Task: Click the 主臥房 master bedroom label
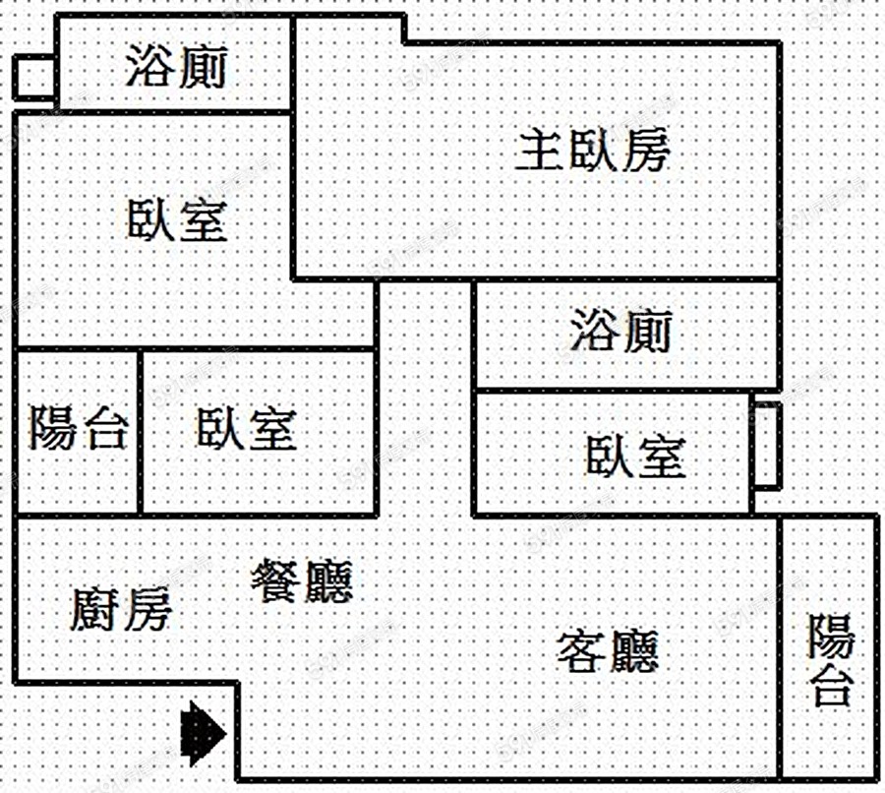593,152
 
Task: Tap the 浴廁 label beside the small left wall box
177,68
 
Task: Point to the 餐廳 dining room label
302,581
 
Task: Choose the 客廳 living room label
607,650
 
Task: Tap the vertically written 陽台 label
831,660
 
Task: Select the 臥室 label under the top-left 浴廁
178,220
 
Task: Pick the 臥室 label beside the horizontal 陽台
246,429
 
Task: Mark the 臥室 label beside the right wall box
635,457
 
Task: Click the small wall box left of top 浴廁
34,77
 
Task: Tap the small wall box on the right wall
767,444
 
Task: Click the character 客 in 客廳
581,650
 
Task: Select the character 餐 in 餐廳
276,581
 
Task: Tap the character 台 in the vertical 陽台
831,686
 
